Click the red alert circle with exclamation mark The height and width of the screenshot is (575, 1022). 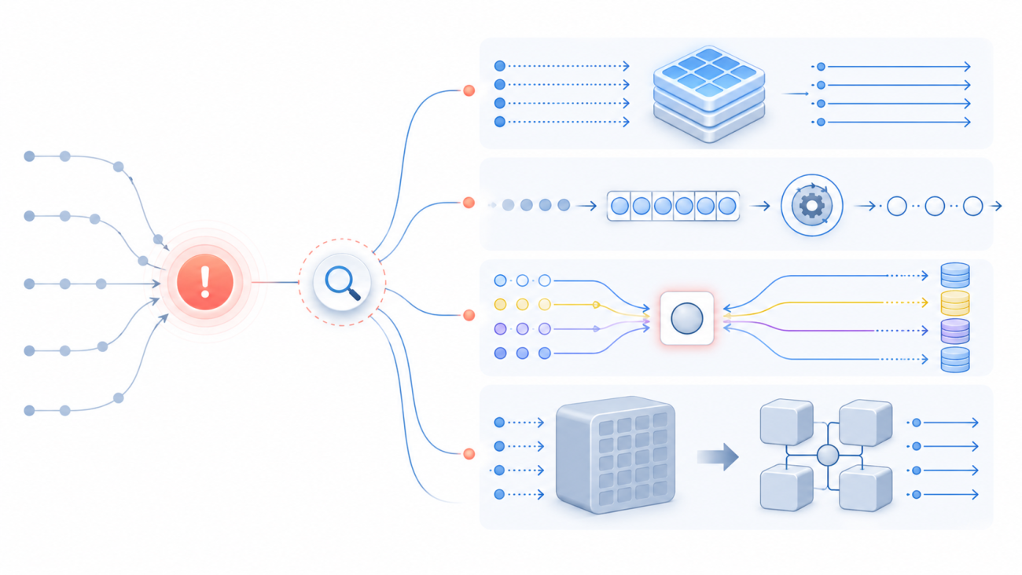205,281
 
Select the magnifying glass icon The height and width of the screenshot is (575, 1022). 342,282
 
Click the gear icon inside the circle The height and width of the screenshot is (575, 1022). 811,206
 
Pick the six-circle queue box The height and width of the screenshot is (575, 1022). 673,206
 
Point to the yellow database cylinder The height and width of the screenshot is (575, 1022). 954,302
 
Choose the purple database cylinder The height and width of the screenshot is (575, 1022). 954,331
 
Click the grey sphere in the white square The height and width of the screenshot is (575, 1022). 686,318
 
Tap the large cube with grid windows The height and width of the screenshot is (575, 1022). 615,455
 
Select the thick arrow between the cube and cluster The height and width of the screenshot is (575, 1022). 718,456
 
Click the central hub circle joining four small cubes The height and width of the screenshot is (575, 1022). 827,455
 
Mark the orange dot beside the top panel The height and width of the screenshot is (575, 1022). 469,91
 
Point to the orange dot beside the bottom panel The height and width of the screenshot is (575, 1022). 469,454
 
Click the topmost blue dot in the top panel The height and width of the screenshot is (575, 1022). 499,67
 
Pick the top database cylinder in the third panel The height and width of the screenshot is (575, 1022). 954,275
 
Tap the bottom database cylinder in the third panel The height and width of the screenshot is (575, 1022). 954,359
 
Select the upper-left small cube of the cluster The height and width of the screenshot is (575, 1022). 786,423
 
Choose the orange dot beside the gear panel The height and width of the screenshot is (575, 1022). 469,203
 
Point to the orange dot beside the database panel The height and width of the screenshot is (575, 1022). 469,315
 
